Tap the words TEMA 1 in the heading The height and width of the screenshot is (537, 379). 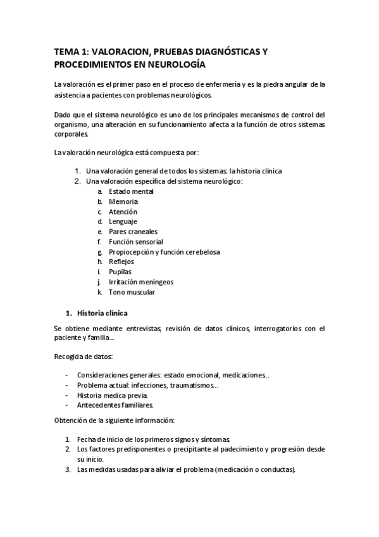(x=71, y=50)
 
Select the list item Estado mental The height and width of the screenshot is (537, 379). (x=131, y=191)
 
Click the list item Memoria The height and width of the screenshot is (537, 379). (x=123, y=201)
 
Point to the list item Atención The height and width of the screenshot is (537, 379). (x=123, y=212)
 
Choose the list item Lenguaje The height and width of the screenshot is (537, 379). (x=123, y=222)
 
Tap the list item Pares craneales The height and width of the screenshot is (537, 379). (x=133, y=232)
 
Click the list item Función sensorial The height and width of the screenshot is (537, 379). (x=135, y=242)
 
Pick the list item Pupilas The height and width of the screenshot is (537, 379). (x=120, y=272)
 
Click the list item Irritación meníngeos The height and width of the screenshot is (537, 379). (x=140, y=282)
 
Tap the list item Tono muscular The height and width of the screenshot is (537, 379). (x=132, y=292)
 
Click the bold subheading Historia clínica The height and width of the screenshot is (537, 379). (x=102, y=313)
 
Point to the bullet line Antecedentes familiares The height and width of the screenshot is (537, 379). (x=115, y=405)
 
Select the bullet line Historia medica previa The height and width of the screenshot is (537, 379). (x=113, y=395)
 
